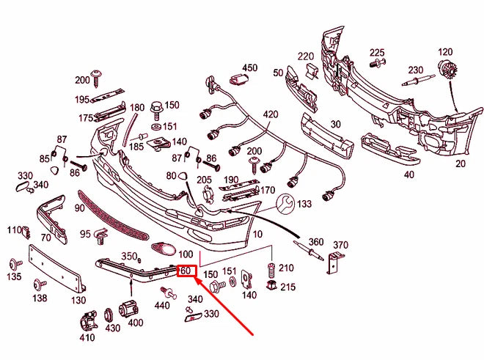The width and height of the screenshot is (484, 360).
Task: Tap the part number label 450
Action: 250,68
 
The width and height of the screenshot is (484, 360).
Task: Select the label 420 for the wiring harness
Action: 271,114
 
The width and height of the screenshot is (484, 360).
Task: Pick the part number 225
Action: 377,52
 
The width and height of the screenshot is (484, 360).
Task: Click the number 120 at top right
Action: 445,52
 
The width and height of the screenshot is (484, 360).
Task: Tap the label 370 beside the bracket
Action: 340,245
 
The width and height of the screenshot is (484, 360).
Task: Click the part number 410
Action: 87,338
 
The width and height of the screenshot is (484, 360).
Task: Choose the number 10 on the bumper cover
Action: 257,234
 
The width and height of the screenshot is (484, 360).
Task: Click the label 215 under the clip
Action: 288,287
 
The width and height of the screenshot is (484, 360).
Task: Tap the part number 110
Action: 15,230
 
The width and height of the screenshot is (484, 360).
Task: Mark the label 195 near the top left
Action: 81,99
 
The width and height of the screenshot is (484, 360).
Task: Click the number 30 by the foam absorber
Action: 337,124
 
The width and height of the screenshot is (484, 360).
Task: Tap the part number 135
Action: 14,277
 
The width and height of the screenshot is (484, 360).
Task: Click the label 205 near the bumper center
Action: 204,180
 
